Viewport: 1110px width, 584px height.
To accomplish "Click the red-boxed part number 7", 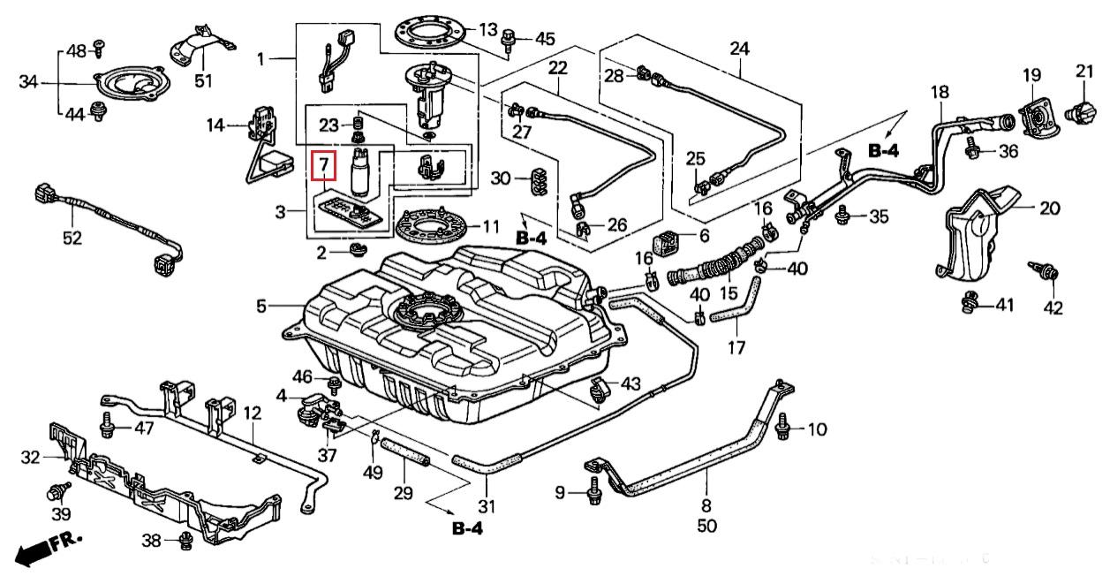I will click(324, 163).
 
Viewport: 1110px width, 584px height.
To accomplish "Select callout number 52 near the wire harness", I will click(72, 238).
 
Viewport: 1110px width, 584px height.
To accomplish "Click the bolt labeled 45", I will click(510, 39).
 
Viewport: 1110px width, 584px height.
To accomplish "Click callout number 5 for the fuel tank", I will click(261, 307).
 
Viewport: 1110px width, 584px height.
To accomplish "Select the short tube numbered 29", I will click(409, 459).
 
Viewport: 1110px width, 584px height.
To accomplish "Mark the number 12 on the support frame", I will click(253, 413).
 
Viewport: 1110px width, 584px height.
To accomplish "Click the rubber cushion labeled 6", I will click(667, 238).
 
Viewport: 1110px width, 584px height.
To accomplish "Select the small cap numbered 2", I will click(358, 250).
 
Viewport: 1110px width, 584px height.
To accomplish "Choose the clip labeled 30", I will click(534, 179).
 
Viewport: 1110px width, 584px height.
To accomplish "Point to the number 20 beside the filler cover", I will click(1049, 209).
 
